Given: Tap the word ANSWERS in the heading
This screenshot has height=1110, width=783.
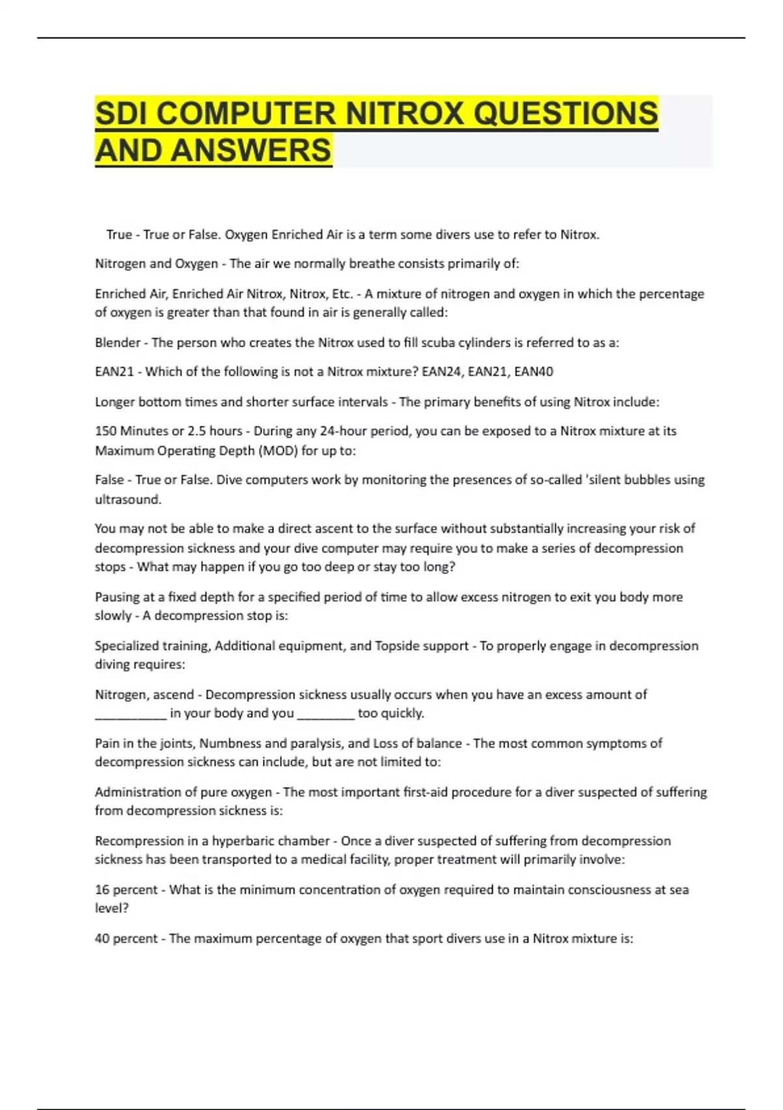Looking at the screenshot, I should tap(252, 150).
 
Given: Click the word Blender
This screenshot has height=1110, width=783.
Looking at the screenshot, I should tap(117, 342).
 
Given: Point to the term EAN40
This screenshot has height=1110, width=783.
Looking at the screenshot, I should tap(534, 372).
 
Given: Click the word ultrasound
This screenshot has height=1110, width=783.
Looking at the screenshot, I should tap(127, 499).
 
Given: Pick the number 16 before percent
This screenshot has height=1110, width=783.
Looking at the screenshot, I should tap(102, 889).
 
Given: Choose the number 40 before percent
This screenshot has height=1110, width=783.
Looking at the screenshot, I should tap(102, 938).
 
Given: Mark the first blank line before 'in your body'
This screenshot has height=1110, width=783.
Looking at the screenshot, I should tap(130, 716).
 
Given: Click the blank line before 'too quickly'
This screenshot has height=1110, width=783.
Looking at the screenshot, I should tap(326, 716).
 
